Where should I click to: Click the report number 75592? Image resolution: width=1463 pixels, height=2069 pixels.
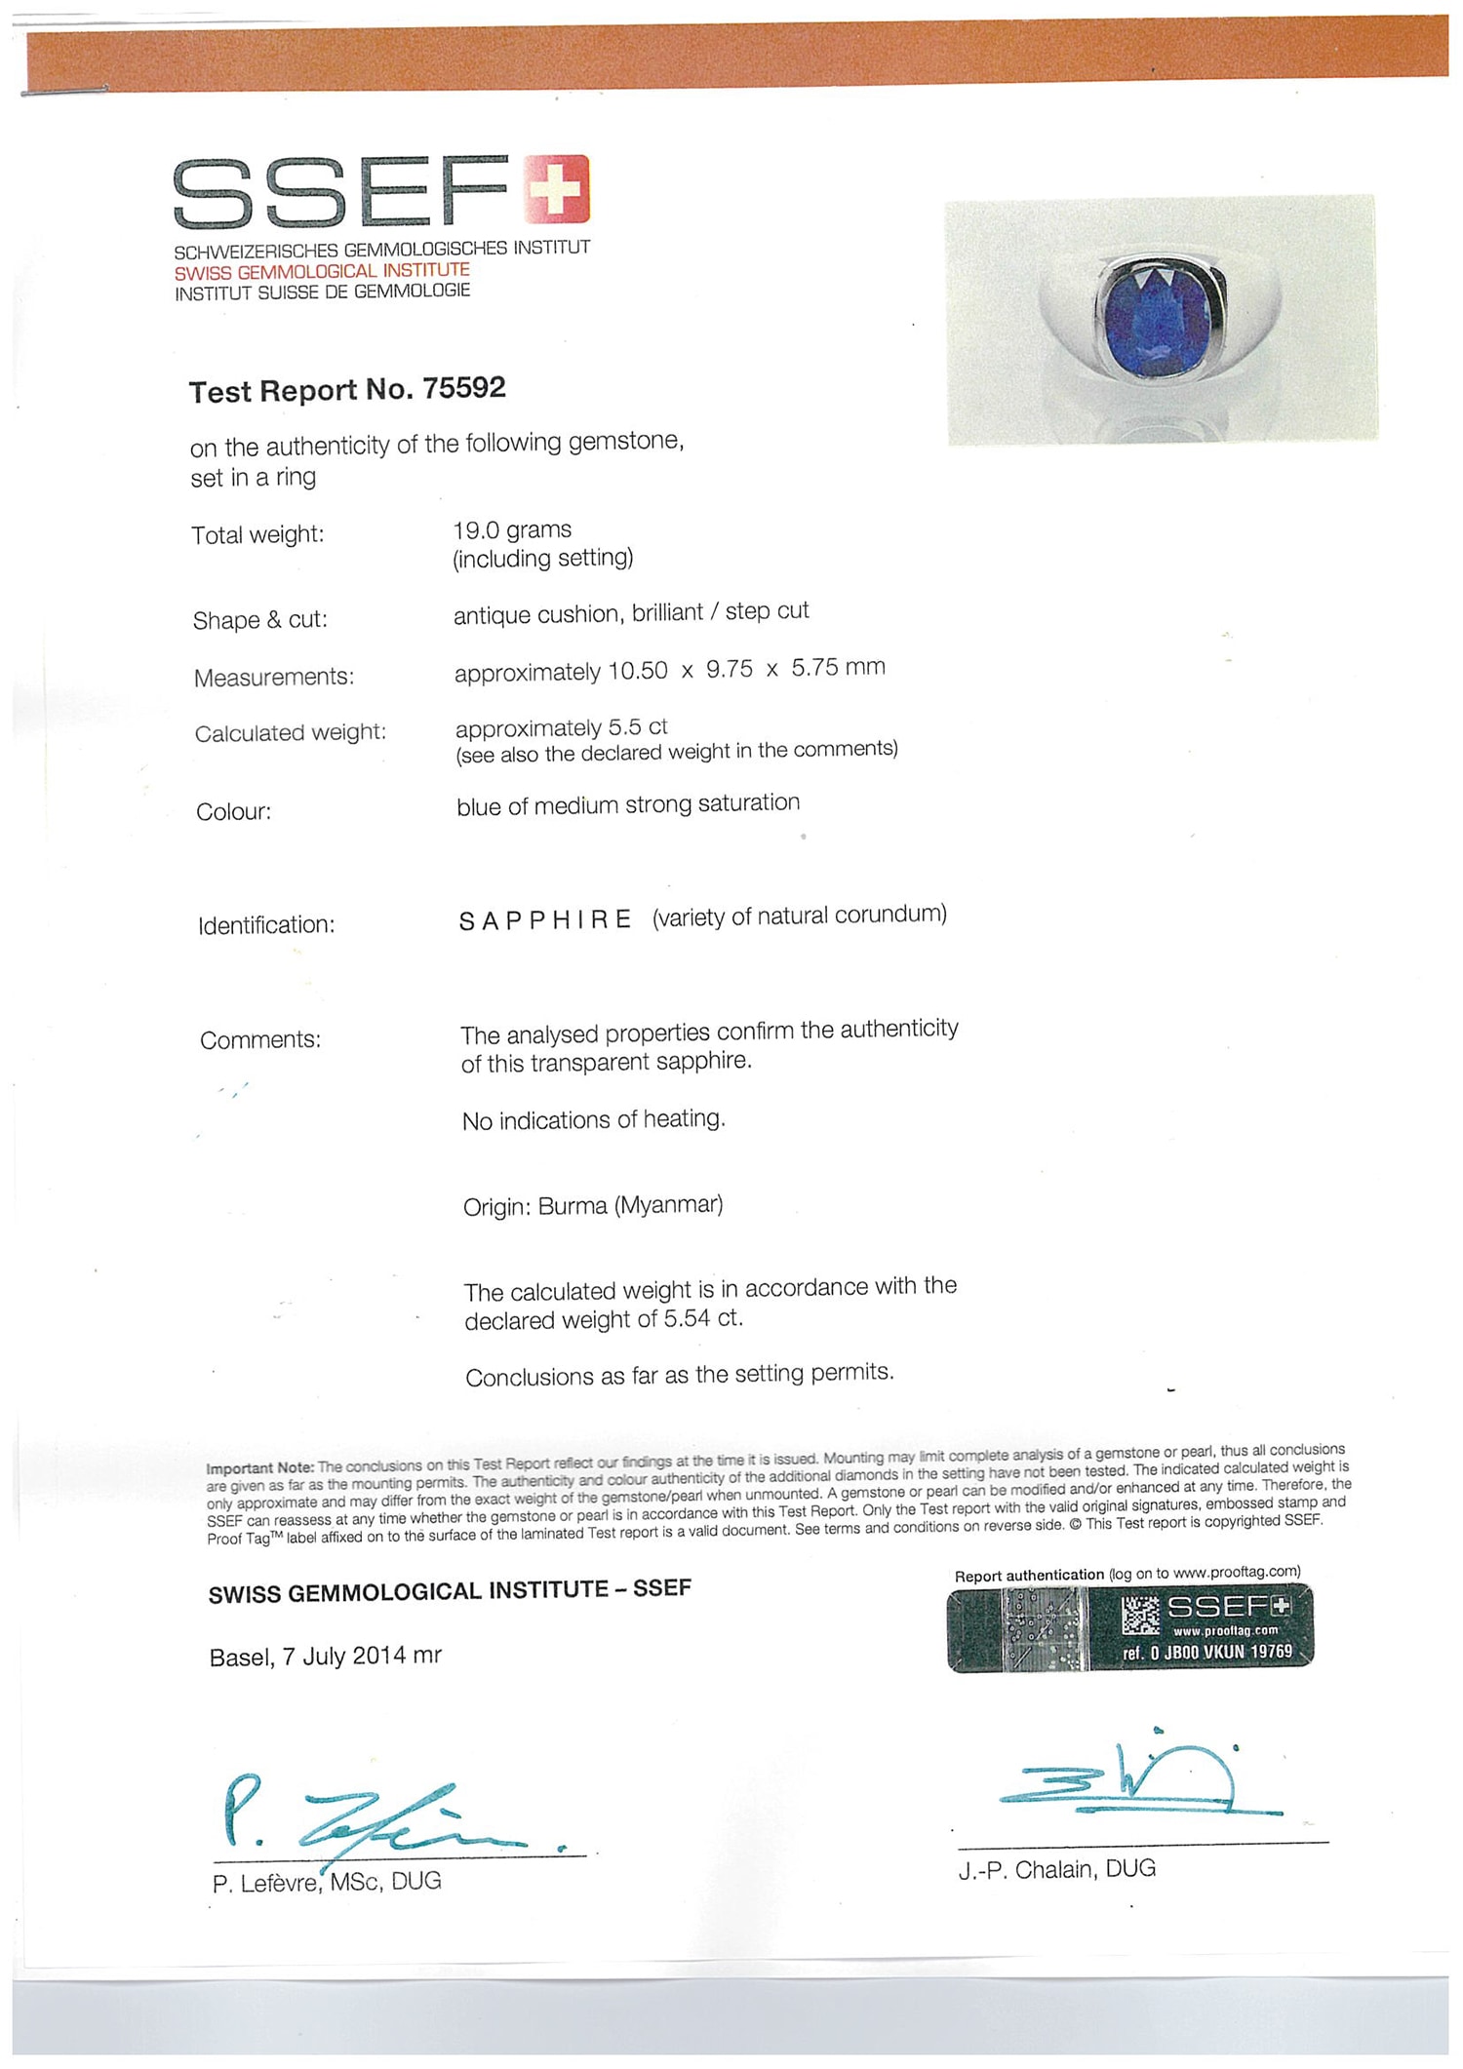pos(464,388)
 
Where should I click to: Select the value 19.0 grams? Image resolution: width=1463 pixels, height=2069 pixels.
pos(512,530)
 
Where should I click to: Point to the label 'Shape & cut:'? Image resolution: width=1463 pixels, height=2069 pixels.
pos(259,620)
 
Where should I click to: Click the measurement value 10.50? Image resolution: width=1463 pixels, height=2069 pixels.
pos(638,671)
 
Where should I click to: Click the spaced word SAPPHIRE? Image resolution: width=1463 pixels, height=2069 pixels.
pos(545,920)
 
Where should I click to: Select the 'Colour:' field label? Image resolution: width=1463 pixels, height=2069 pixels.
pos(234,812)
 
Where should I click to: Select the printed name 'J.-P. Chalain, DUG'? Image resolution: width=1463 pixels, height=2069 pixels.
pos(1056,1869)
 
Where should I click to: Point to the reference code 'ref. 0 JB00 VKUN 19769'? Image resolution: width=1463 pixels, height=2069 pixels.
pos(1206,1651)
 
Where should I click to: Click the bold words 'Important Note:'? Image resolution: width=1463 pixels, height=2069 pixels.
pos(259,1468)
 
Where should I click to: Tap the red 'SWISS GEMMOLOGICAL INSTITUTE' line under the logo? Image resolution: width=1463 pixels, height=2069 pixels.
pos(322,272)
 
